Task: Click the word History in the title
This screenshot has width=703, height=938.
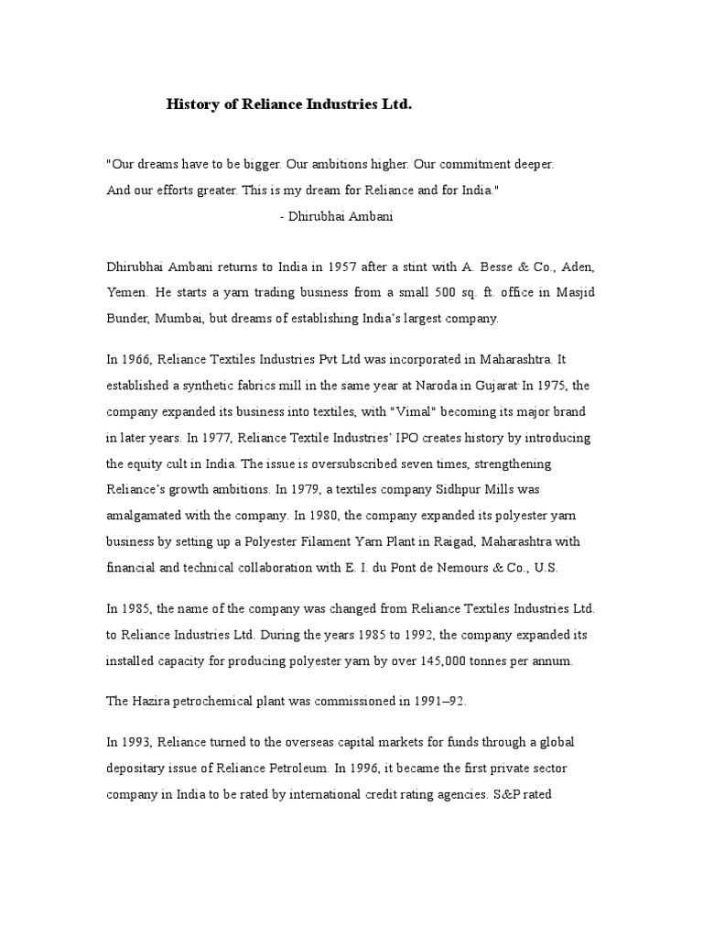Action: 190,105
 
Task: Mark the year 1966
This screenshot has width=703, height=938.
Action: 136,359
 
